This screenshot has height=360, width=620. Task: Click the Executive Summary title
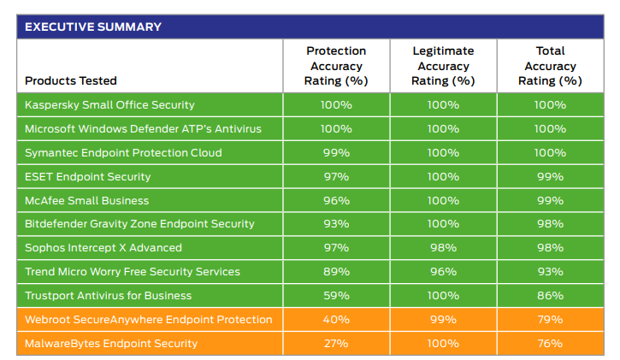(93, 27)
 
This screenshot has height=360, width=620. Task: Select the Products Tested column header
(71, 81)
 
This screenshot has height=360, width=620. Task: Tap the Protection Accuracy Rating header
(336, 66)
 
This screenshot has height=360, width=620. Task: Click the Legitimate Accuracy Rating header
(443, 66)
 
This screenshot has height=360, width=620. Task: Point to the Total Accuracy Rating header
(550, 66)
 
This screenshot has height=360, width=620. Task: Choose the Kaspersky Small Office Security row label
(109, 105)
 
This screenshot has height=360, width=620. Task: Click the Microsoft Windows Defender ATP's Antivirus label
(143, 129)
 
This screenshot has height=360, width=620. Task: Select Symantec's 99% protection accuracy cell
(336, 153)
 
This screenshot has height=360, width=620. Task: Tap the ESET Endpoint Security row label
(87, 177)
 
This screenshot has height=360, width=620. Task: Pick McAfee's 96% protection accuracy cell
(336, 201)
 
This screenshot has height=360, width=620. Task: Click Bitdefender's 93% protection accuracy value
(336, 224)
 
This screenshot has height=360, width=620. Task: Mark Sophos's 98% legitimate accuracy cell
(443, 248)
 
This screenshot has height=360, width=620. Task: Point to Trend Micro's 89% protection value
(336, 272)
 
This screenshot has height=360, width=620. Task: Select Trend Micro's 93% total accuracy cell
(550, 272)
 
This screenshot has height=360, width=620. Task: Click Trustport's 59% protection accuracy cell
(336, 296)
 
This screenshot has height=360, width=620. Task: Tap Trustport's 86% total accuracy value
(550, 296)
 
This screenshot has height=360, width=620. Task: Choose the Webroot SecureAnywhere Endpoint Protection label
(148, 320)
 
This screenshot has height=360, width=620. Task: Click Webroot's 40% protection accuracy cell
(336, 320)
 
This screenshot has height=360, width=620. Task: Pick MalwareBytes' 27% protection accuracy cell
(336, 344)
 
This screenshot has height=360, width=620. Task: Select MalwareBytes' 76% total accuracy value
(550, 344)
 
